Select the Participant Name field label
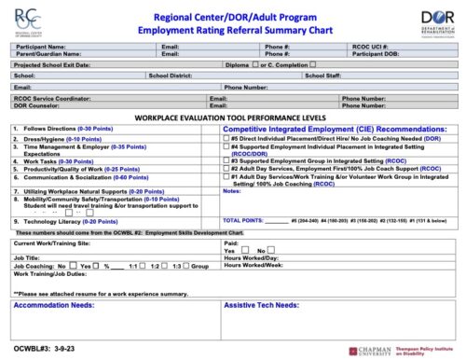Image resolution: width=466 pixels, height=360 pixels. pos(41,45)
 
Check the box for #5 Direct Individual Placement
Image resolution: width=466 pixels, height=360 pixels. pos(227,138)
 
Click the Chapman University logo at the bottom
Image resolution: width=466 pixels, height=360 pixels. pos(349,349)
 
